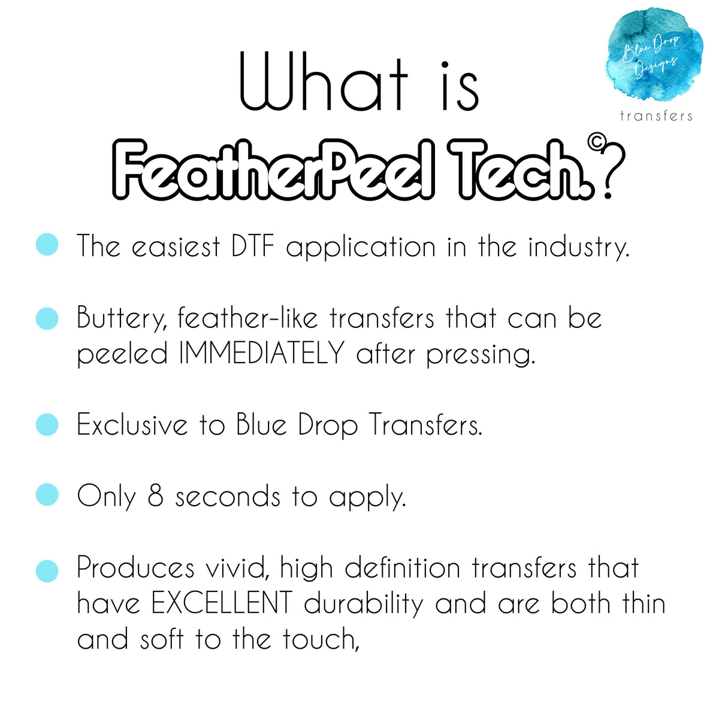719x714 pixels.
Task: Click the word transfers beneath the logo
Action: coord(656,116)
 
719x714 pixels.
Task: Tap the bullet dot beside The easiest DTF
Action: coord(47,244)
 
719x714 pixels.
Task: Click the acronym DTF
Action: coord(253,245)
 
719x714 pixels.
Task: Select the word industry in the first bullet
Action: coord(579,247)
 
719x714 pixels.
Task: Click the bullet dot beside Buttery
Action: coord(47,318)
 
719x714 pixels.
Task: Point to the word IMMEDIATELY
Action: coord(261,353)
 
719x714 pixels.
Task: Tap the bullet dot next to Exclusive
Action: coord(47,424)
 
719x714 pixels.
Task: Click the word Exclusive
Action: coord(132,424)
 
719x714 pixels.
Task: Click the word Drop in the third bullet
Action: coord(328,426)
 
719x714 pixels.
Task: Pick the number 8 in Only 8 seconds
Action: coord(156,496)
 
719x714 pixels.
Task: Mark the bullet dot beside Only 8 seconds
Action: coord(47,495)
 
